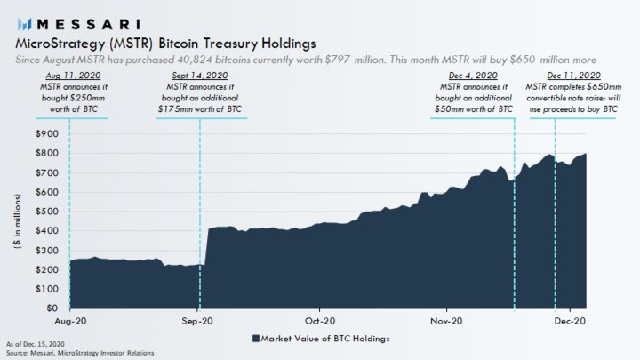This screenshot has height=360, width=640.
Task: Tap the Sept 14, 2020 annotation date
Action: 199,77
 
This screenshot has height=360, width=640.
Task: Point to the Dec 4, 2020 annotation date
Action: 464,77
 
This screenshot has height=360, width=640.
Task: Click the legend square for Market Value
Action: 255,339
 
